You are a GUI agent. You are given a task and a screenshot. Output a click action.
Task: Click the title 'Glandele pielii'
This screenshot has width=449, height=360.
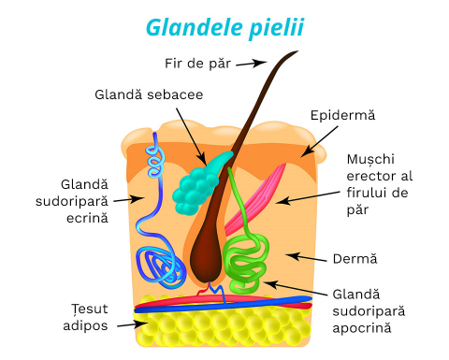[224, 28]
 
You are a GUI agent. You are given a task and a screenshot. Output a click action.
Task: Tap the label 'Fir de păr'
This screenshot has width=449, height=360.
[197, 64]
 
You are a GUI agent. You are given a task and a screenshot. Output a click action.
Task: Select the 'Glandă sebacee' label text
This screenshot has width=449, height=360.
[149, 94]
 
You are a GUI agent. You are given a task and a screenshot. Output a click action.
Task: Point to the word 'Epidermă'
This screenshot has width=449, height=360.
[342, 115]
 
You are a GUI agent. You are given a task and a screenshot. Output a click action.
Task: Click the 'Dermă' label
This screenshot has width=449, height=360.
[355, 259]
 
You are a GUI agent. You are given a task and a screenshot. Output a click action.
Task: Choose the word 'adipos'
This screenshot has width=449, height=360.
[85, 326]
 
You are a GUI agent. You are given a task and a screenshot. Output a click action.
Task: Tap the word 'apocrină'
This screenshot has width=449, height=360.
[362, 328]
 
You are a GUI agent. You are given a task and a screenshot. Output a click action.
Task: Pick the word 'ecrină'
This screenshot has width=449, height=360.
[87, 218]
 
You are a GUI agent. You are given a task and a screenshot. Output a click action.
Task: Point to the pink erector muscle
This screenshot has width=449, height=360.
[255, 199]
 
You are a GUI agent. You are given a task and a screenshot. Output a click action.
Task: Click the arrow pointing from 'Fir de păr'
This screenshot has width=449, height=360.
[251, 64]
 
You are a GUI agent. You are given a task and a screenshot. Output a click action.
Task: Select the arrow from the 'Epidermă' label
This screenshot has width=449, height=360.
[319, 141]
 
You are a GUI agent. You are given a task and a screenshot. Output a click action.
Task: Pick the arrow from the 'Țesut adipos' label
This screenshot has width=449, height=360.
[133, 324]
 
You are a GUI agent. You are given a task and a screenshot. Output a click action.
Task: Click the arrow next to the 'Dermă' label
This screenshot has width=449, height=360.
[306, 258]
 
